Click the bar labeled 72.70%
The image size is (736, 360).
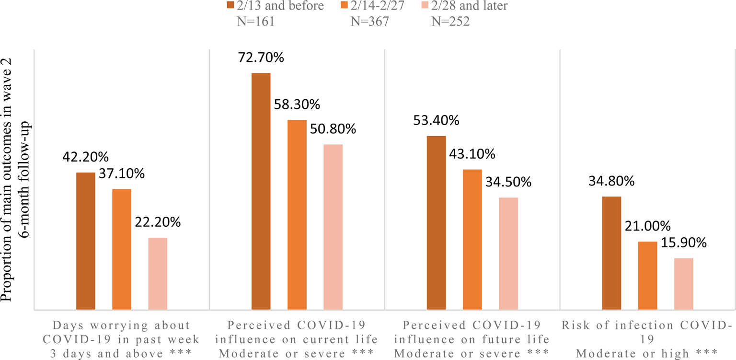(x=261, y=192)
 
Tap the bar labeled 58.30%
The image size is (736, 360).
(x=297, y=215)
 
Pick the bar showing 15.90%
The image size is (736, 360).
(x=683, y=284)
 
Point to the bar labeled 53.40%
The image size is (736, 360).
(x=436, y=223)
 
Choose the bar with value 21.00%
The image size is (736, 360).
(x=647, y=276)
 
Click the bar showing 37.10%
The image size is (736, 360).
(x=122, y=250)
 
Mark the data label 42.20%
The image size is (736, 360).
(x=85, y=157)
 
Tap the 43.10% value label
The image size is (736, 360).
(x=472, y=154)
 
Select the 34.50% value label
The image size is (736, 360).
(x=508, y=182)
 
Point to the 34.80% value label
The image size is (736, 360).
(x=611, y=181)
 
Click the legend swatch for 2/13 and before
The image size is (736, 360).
(x=230, y=6)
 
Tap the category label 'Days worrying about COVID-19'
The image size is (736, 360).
(x=122, y=339)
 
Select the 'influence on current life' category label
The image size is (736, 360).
(x=297, y=339)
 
